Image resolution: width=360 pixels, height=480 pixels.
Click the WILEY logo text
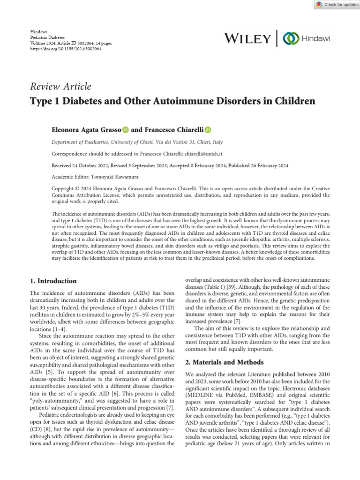point(247,38)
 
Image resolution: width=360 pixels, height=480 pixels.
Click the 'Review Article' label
point(60,87)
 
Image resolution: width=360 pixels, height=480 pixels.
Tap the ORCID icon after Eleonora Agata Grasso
point(125,129)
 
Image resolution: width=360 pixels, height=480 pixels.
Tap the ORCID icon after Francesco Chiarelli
point(208,129)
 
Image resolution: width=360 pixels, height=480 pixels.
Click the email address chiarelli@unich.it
point(202,154)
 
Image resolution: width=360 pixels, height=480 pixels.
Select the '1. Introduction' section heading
point(53,281)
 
